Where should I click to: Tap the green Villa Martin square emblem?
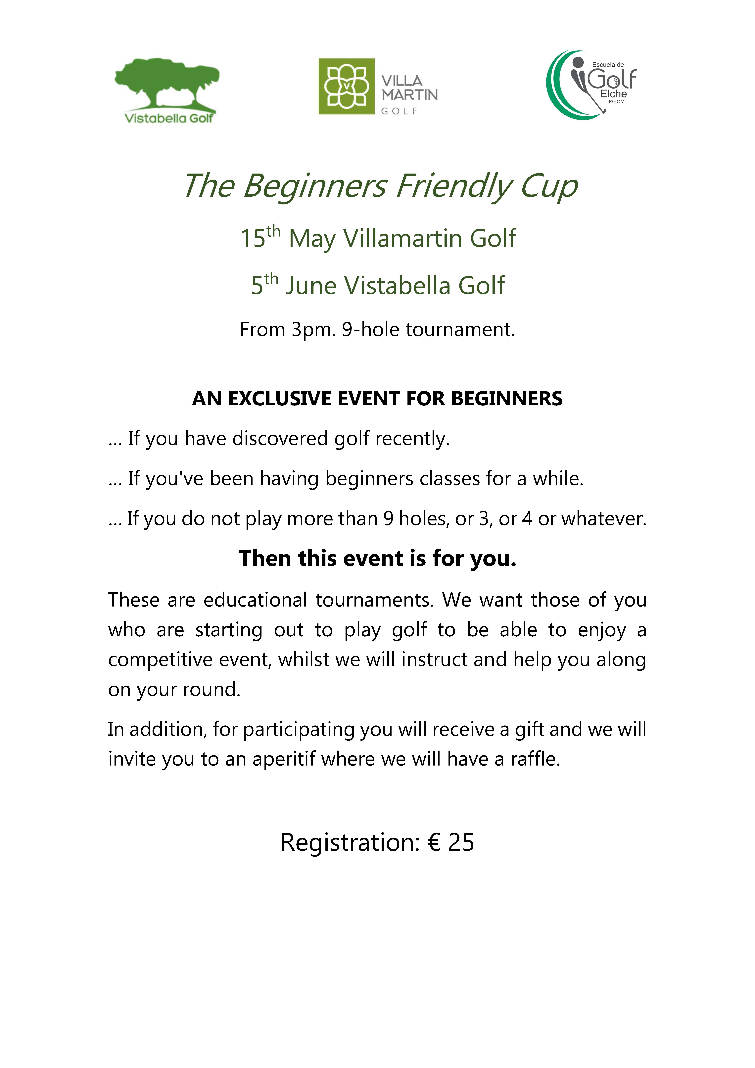346,86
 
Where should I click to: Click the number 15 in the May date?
252,239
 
